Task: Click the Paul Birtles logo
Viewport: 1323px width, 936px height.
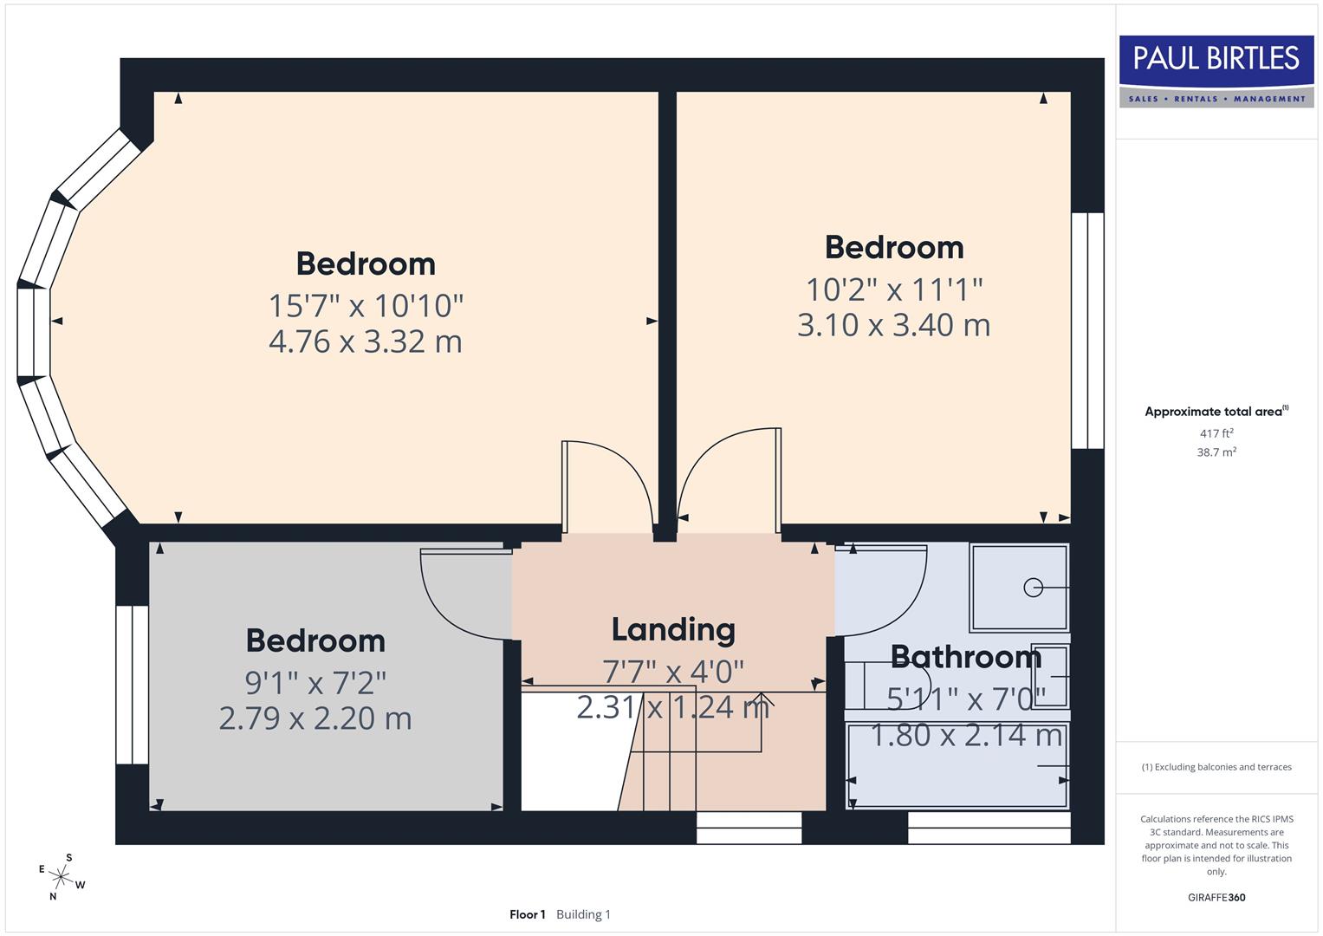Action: point(1216,71)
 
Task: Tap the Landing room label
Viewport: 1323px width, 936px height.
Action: point(673,630)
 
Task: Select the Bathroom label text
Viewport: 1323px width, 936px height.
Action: point(965,657)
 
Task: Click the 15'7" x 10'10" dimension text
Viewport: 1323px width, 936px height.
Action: point(366,306)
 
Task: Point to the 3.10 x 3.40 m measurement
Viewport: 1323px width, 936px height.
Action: point(893,325)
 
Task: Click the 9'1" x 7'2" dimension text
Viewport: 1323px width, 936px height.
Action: point(315,683)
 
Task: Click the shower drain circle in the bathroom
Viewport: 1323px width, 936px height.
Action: point(1032,588)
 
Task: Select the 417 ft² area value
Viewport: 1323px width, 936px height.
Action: point(1216,433)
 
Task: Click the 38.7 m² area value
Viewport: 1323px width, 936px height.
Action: point(1216,452)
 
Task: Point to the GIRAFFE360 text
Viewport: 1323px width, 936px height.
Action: point(1216,897)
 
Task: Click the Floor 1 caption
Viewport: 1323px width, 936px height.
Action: point(527,914)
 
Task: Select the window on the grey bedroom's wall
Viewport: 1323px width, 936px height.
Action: point(132,685)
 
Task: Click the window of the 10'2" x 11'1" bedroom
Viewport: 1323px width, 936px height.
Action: point(1087,330)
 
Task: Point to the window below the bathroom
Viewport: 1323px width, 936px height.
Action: point(989,828)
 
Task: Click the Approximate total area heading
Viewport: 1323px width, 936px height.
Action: point(1216,412)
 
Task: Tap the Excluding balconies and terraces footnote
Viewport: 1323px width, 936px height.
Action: point(1216,767)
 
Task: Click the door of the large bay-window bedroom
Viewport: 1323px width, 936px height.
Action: point(606,485)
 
